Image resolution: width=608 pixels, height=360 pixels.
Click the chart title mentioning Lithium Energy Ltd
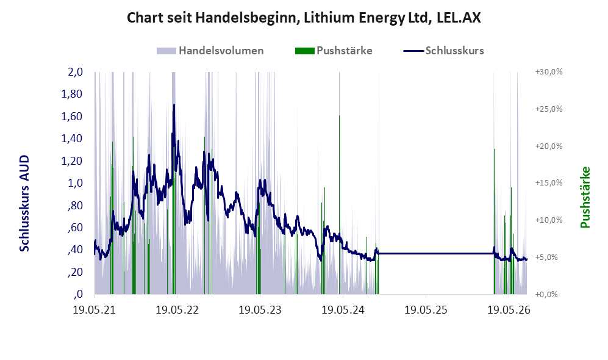[304, 18]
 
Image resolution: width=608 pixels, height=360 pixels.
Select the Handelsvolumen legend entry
[210, 51]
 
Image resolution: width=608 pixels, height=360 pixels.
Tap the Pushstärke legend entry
[334, 51]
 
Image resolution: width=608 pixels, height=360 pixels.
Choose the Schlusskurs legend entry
[443, 51]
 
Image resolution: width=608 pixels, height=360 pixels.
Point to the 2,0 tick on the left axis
[75, 72]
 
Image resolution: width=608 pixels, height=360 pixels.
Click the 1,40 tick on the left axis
[72, 139]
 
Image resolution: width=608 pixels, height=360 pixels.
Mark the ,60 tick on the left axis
[75, 228]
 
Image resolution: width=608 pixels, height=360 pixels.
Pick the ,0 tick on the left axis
[78, 294]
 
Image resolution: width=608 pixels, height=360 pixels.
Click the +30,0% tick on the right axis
[549, 72]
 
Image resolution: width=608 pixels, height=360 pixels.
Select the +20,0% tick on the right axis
[549, 146]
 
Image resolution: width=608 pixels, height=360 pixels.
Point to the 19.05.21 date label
[95, 310]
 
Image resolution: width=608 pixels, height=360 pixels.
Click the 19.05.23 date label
[260, 310]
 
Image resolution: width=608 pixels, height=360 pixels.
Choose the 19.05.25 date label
[426, 310]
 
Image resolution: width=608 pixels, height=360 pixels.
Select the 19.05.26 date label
[509, 310]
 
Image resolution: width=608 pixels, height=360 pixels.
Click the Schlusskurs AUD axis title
[24, 203]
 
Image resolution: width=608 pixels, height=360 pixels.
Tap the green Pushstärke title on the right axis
[585, 197]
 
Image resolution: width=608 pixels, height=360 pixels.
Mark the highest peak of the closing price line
[174, 105]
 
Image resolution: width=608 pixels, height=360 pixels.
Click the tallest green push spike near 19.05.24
[339, 205]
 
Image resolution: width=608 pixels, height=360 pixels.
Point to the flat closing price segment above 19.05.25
[435, 254]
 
